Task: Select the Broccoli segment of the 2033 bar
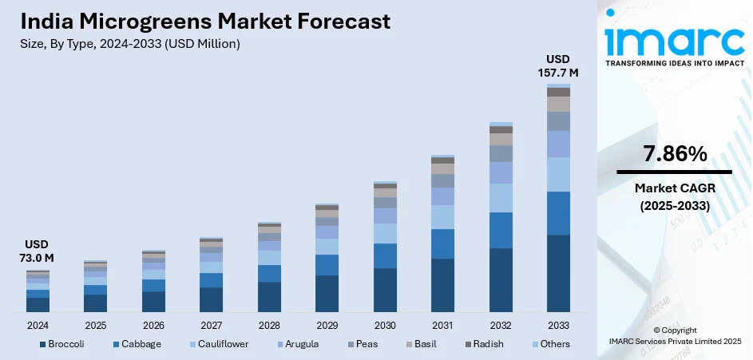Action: point(558,272)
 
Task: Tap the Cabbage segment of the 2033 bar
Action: point(558,213)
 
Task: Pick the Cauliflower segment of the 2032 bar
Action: point(501,198)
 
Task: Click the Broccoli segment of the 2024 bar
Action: point(38,304)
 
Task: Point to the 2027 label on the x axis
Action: point(211,326)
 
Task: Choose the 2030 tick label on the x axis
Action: point(385,326)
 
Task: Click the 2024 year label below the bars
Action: point(38,326)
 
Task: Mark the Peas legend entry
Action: point(366,344)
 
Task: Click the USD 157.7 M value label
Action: point(558,66)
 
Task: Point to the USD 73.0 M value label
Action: point(38,251)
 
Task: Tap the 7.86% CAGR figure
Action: point(674,155)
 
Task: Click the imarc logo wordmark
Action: point(674,40)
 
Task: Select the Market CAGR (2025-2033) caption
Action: point(674,196)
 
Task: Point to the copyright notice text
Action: point(674,335)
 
